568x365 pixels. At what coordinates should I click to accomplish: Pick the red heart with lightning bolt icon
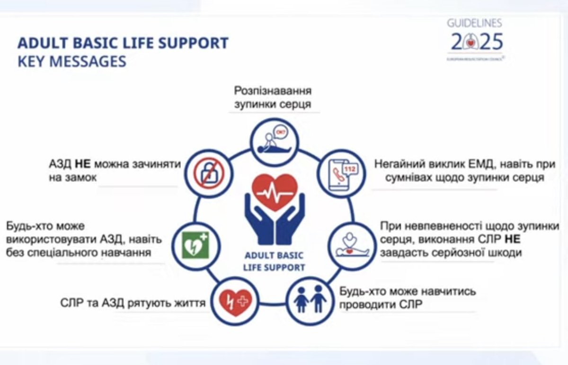[x=235, y=299]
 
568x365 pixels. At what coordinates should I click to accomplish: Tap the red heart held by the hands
[x=275, y=192]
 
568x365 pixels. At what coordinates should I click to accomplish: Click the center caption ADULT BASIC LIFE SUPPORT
[x=275, y=261]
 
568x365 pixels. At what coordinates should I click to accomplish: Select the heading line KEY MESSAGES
[x=72, y=62]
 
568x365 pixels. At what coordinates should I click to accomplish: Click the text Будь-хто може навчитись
[x=408, y=291]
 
